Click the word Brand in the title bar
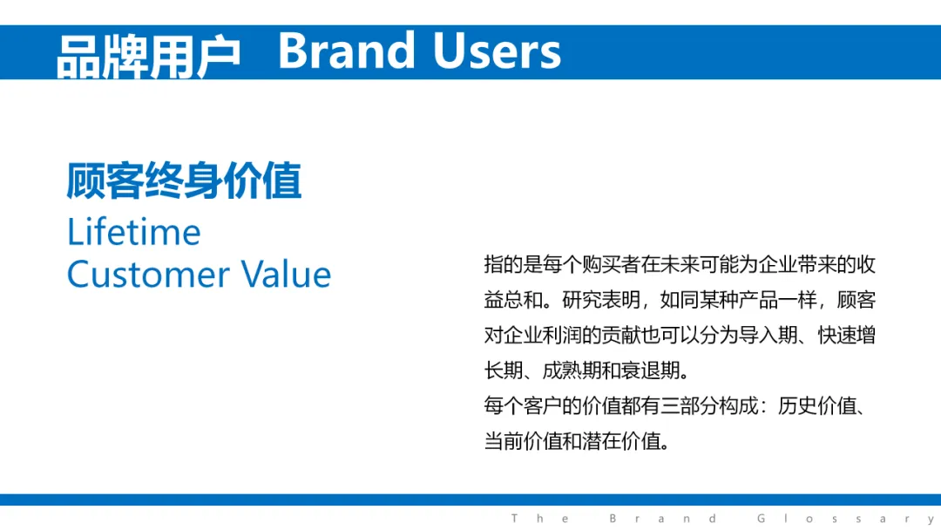[x=346, y=51]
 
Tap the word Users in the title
[x=497, y=51]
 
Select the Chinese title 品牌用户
[x=148, y=57]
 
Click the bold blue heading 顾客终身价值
[x=184, y=180]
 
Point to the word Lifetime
[x=134, y=232]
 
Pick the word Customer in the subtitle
[x=148, y=275]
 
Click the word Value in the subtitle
[x=286, y=275]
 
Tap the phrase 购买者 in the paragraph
[x=611, y=264]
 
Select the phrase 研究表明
[x=601, y=300]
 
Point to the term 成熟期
[x=572, y=370]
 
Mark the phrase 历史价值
[x=816, y=405]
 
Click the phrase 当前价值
[x=524, y=441]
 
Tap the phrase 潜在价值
[x=621, y=441]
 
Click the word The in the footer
[x=540, y=519]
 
